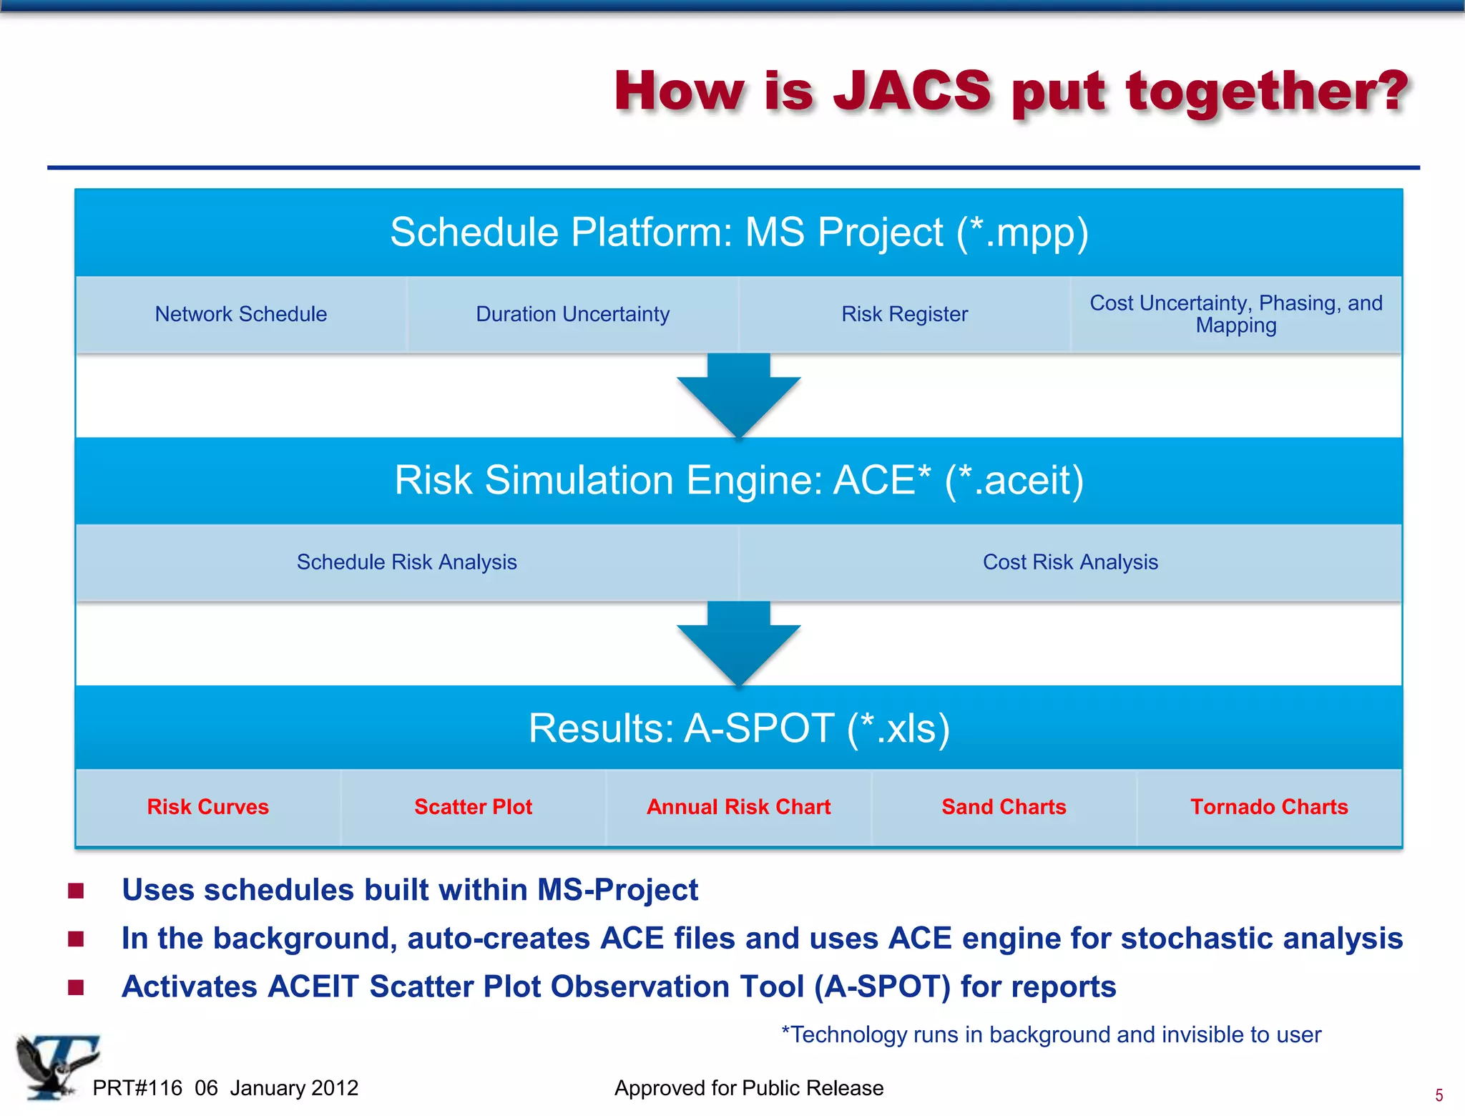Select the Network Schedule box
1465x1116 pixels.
(x=241, y=314)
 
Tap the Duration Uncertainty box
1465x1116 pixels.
(x=572, y=314)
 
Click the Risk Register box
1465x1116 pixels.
(x=904, y=314)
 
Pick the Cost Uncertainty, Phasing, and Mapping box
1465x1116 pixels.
(x=1235, y=314)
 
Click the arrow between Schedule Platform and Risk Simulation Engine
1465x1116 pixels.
(x=738, y=393)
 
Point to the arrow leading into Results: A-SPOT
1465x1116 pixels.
(x=738, y=642)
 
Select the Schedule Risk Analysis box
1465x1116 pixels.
(x=406, y=562)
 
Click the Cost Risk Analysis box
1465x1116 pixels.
(x=1069, y=562)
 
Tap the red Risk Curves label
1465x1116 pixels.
(x=207, y=807)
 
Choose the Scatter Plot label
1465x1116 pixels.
(x=473, y=807)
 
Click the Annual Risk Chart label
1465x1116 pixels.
(x=738, y=807)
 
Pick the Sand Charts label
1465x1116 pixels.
(x=1004, y=807)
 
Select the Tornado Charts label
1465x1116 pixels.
(x=1269, y=807)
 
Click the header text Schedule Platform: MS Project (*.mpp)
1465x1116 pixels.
(x=738, y=232)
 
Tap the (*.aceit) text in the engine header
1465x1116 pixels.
(x=1014, y=480)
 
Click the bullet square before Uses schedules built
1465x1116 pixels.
(x=76, y=891)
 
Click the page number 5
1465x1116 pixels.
(x=1439, y=1095)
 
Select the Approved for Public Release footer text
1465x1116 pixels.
(x=748, y=1088)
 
